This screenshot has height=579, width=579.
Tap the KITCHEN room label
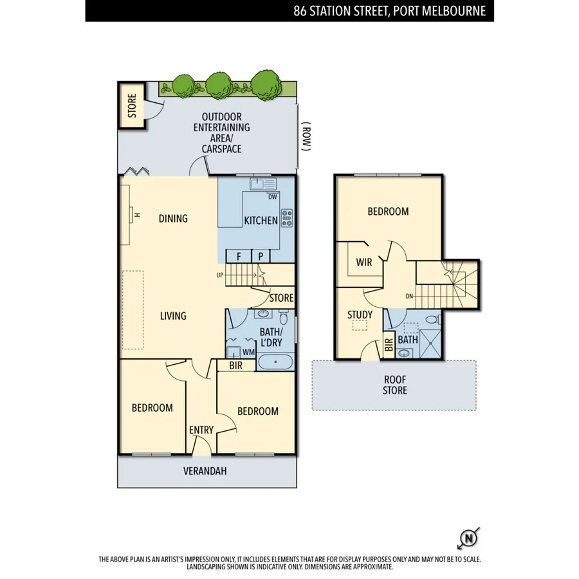pos(261,221)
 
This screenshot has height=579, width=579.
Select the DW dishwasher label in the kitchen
pos(273,197)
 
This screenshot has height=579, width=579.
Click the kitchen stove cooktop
pos(286,219)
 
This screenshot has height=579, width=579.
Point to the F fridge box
pos(239,255)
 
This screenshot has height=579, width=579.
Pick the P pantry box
pos(261,255)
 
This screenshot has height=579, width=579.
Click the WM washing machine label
pos(248,352)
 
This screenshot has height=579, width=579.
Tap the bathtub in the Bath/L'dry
pos(276,362)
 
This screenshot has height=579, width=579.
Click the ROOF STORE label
pos(394,385)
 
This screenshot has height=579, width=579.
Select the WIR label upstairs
pos(363,262)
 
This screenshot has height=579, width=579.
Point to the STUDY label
pos(360,315)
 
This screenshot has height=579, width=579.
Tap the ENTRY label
pos(201,430)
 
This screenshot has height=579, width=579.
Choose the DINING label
pos(173,219)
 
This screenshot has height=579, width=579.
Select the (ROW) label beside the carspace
pos(307,138)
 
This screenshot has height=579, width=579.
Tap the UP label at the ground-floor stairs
pos(220,275)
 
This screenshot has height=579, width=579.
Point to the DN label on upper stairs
pos(410,297)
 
